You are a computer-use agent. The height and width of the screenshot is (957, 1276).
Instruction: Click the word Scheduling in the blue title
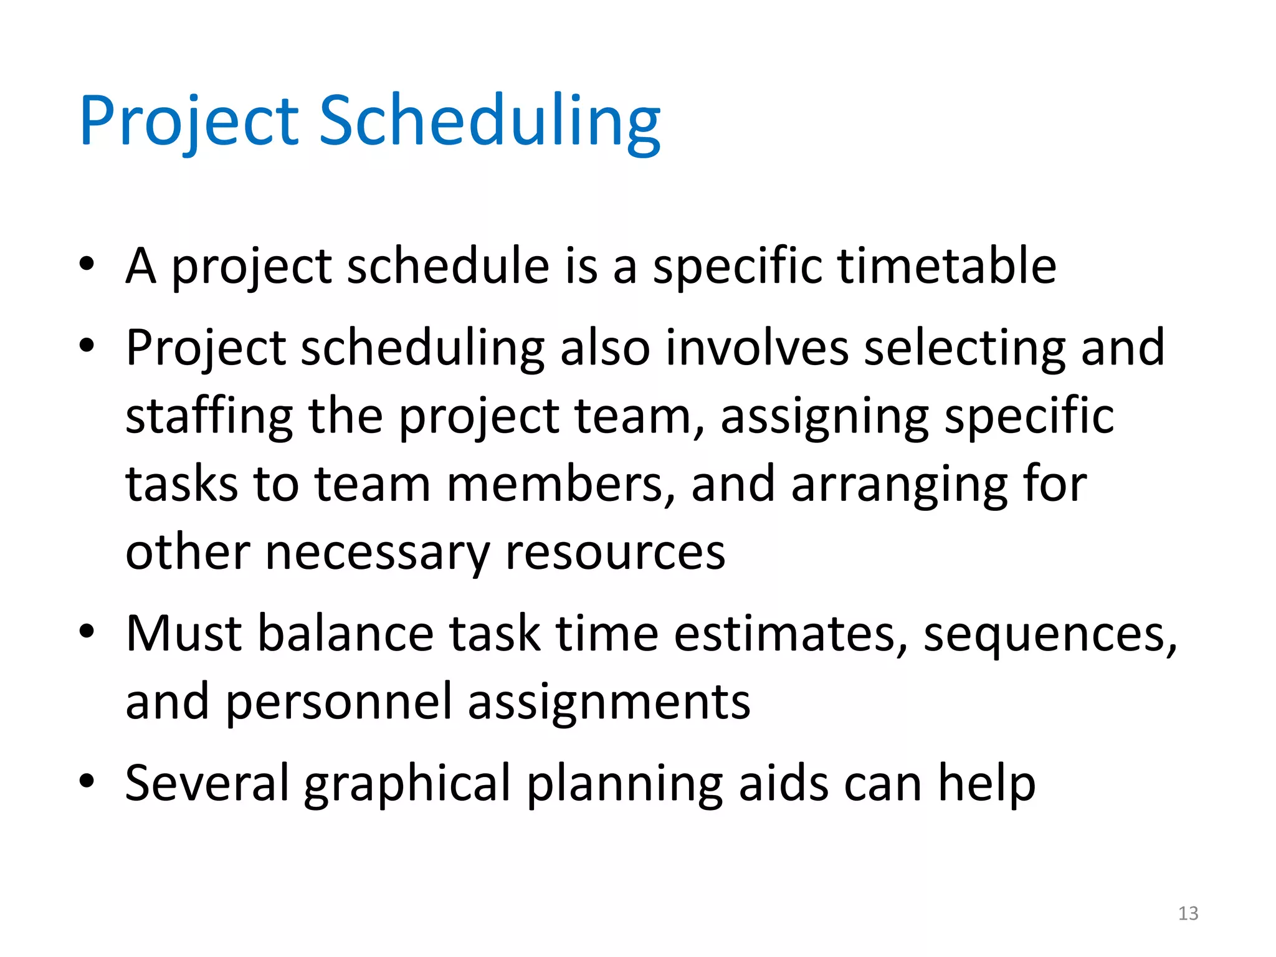pos(489,121)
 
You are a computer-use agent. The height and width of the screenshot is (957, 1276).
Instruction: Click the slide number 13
pos(1188,913)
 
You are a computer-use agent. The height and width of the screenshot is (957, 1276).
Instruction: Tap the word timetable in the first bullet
pos(946,266)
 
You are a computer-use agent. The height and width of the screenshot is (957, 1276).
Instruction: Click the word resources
pos(615,553)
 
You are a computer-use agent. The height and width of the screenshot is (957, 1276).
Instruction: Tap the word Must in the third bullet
pos(183,634)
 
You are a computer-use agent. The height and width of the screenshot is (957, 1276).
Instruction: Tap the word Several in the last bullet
pos(207,783)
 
